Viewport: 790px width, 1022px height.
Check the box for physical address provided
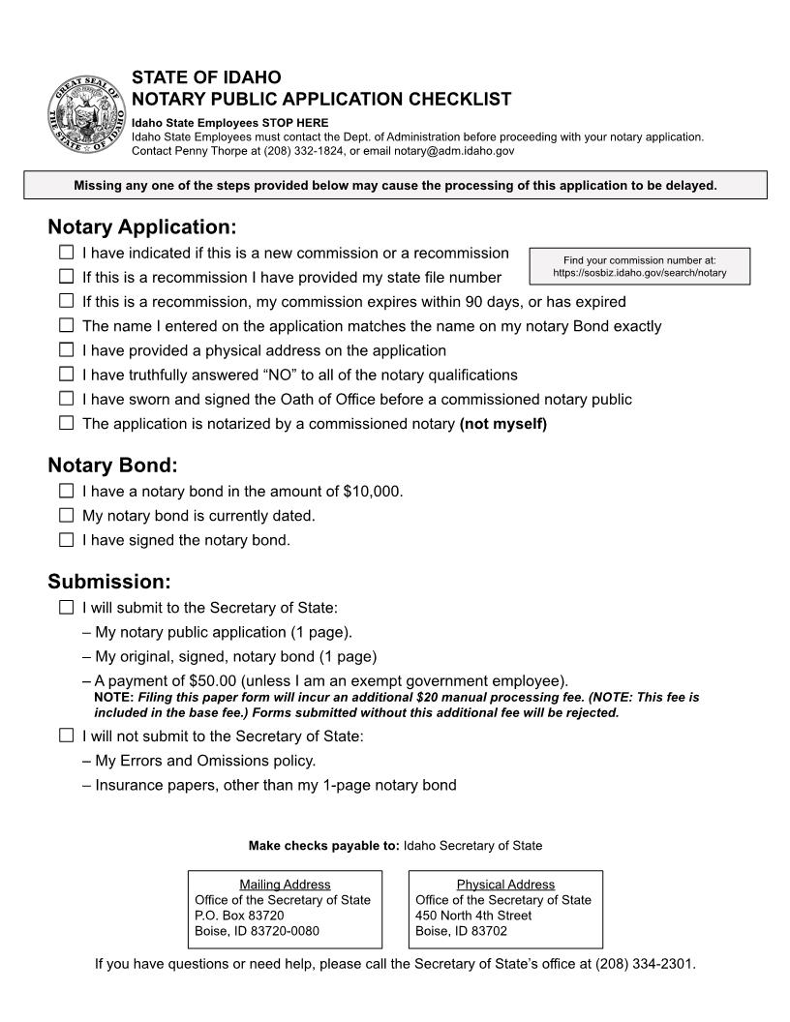point(66,349)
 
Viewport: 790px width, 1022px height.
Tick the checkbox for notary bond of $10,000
point(66,491)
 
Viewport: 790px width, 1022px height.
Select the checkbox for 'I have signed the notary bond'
point(66,540)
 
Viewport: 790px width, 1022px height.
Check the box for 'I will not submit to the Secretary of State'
point(66,736)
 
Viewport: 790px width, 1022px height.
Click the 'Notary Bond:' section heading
point(112,465)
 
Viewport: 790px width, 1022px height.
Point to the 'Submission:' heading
point(108,582)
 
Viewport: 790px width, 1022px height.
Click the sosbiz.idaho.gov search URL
point(640,274)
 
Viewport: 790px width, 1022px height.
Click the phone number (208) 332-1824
point(248,151)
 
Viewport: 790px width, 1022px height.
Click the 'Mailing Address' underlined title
point(285,885)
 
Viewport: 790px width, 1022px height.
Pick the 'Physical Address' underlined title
point(505,885)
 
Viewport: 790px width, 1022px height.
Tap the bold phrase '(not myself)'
point(502,424)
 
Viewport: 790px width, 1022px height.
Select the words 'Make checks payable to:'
point(323,846)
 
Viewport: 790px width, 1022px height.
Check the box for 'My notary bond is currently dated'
point(66,515)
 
